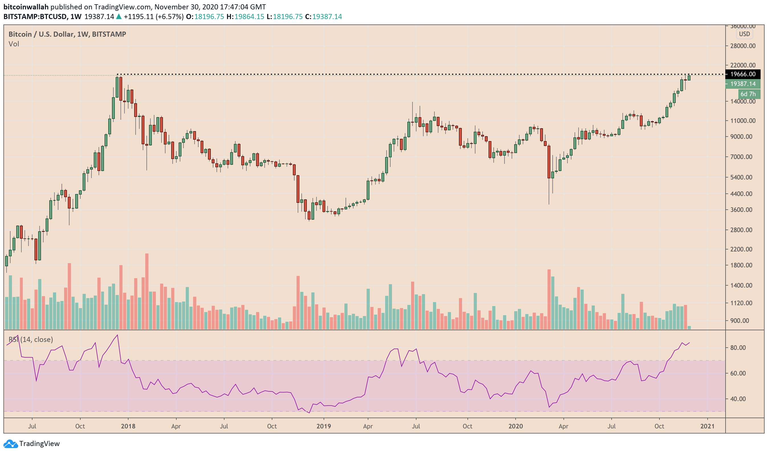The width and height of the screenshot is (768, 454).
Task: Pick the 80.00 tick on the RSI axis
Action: click(x=738, y=348)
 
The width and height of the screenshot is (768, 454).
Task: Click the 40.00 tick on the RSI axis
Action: click(x=738, y=399)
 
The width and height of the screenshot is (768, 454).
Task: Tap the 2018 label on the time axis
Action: click(x=128, y=426)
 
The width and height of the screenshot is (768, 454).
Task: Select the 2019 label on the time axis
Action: click(x=324, y=426)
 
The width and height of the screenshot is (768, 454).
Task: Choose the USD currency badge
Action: click(x=744, y=34)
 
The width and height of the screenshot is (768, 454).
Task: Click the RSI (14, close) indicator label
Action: click(x=31, y=340)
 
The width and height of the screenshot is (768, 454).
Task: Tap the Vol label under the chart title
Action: click(x=14, y=44)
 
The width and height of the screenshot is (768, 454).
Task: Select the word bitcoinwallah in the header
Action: click(x=26, y=7)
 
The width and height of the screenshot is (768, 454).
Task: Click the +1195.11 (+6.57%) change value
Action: click(x=153, y=16)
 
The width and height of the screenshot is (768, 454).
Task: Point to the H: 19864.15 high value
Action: click(x=245, y=16)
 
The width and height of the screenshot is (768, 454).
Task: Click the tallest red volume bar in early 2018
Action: click(x=147, y=291)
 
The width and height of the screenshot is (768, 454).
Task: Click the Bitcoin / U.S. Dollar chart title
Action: click(x=67, y=34)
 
